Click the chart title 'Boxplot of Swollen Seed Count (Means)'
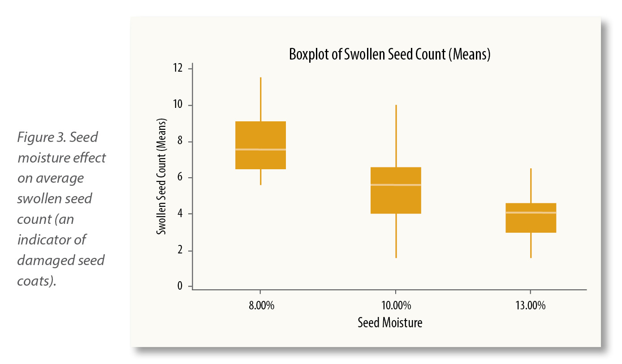click(x=389, y=55)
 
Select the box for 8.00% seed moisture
click(x=260, y=134)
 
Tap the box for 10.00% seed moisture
click(x=396, y=199)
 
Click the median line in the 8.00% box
click(x=260, y=149)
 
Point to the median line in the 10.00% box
click(x=396, y=184)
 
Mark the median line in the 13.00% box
click(x=531, y=212)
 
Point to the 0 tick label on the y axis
click(x=180, y=286)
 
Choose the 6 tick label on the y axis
click(x=180, y=177)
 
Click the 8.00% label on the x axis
click(x=260, y=306)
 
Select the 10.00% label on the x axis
click(x=396, y=306)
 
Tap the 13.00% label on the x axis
click(x=531, y=306)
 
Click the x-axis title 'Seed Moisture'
click(x=390, y=322)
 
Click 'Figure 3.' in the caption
click(x=42, y=137)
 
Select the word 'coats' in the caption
click(x=34, y=282)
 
